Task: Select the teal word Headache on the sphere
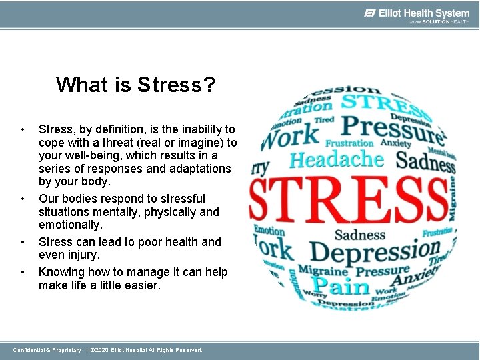(x=337, y=160)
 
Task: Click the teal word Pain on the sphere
(x=342, y=287)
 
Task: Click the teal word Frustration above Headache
(x=349, y=143)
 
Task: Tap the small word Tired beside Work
(x=324, y=120)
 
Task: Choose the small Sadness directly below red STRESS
(x=360, y=235)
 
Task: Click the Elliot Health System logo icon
(x=371, y=13)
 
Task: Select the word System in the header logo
(x=453, y=13)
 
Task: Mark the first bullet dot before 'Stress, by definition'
(x=23, y=129)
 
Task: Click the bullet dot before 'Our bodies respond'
(x=23, y=199)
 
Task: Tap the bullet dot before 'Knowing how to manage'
(x=23, y=272)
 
